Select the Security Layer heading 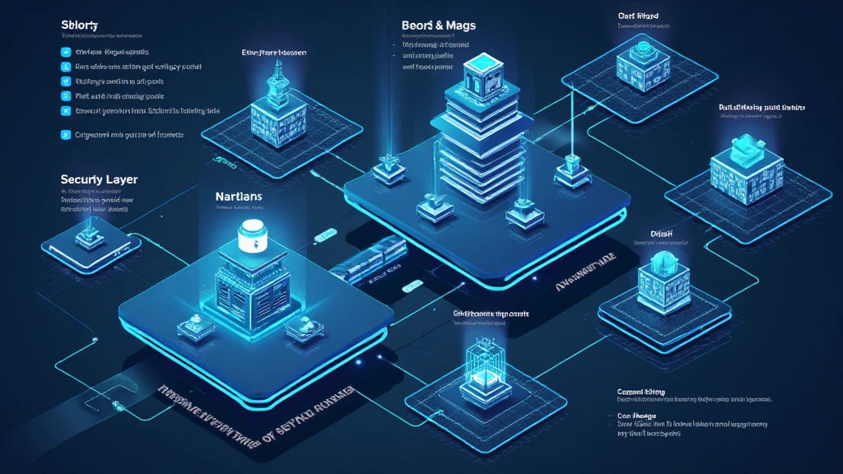point(98,179)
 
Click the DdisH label point(651,233)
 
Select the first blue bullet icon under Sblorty point(66,51)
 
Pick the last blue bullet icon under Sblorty point(66,134)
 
